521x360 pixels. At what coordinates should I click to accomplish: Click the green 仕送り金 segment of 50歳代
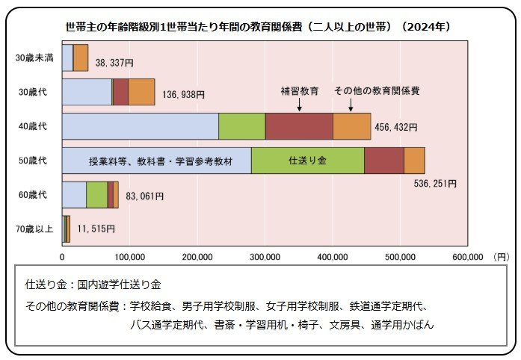tap(307, 161)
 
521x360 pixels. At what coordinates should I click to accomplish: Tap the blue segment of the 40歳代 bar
tap(140, 125)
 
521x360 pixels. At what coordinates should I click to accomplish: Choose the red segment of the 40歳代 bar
tap(298, 125)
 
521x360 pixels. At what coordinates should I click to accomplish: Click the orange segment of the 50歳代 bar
tap(414, 161)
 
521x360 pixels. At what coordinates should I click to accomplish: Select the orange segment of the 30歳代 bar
tap(141, 91)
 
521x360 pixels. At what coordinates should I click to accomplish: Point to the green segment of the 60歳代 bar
tap(96, 194)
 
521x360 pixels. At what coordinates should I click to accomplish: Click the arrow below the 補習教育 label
tap(299, 105)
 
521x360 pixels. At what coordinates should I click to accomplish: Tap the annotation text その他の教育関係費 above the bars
tap(376, 90)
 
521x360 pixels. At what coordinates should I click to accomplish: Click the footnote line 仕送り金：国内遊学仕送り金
tap(93, 285)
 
